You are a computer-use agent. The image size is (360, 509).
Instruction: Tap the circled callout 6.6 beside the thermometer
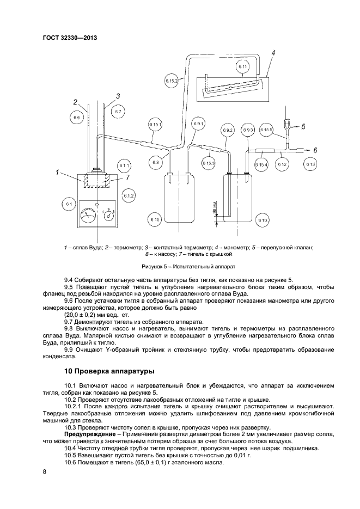click(77, 116)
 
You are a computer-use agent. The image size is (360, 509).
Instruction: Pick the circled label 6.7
click(118, 112)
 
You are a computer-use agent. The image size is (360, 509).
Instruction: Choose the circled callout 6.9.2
click(227, 131)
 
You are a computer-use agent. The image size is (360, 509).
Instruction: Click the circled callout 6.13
click(310, 164)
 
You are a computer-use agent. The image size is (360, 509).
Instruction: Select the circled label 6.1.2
click(129, 195)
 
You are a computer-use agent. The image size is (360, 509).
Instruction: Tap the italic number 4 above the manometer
click(273, 53)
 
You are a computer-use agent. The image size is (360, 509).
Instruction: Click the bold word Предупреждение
click(89, 434)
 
